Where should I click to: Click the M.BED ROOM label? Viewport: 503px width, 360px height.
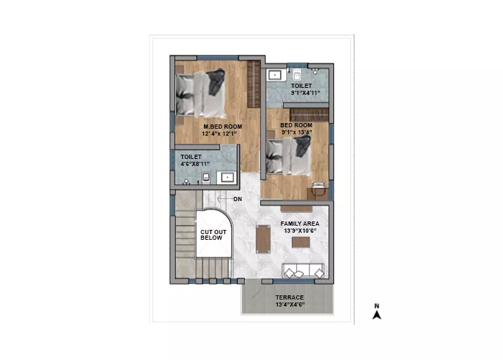coord(222,127)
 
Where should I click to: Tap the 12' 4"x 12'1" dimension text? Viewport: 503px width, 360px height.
coord(219,134)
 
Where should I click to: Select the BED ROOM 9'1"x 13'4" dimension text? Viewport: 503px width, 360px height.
coord(297,132)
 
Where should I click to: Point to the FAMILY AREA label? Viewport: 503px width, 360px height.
coord(300,224)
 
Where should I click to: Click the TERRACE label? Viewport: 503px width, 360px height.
coord(289,297)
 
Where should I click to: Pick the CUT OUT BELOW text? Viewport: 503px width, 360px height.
coord(213,235)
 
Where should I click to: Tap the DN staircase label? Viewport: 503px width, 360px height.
coord(237,199)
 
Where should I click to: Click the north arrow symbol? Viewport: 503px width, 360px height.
coord(376,311)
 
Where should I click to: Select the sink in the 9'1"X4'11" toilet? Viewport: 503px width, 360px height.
coord(275,75)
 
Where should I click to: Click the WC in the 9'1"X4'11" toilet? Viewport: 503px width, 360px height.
coord(297,76)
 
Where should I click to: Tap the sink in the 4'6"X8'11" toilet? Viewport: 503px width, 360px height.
coord(227,177)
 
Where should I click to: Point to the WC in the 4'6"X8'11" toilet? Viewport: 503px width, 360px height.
coord(206,177)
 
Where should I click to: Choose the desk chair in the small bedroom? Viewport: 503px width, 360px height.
coord(318,188)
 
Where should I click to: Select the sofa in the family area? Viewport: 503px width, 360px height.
coord(303,271)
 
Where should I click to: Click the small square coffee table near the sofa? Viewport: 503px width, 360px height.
coord(301,242)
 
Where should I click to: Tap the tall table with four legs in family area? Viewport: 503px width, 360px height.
coord(263,239)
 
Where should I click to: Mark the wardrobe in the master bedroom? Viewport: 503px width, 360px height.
coord(253,84)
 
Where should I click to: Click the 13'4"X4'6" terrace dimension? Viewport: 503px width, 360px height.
coord(290,304)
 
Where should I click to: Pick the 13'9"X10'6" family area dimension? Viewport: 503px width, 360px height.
coord(300,231)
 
